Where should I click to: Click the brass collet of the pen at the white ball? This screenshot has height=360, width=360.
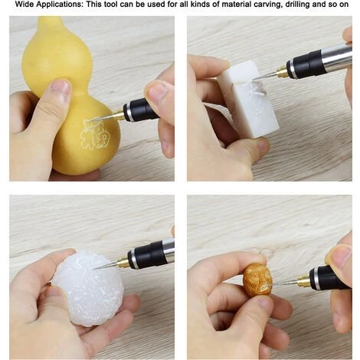click(122, 261)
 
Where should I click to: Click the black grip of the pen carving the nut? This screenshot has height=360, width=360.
click(328, 278)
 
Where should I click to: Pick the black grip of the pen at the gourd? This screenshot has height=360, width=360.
click(141, 110)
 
